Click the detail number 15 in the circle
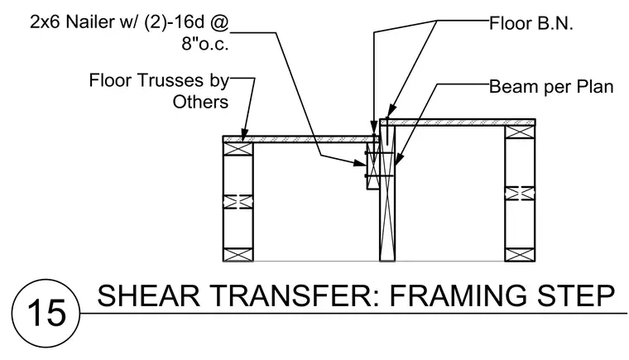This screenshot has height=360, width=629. tap(46, 313)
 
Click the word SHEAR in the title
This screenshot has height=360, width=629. tap(148, 295)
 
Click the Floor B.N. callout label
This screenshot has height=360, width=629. tap(531, 24)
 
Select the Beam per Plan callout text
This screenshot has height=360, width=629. tap(551, 87)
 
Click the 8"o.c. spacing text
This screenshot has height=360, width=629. tap(205, 43)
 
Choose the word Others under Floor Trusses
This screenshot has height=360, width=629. tap(200, 102)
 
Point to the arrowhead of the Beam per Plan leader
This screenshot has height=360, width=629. tap(397, 160)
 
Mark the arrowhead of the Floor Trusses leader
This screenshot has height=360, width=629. tap(244, 134)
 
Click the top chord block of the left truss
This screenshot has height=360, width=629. tap(238, 148)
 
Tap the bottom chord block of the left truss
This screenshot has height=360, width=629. tap(238, 255)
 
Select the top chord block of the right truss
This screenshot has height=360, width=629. tap(520, 132)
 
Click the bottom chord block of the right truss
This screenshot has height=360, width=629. tap(520, 255)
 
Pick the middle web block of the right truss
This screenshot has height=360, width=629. tap(520, 194)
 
